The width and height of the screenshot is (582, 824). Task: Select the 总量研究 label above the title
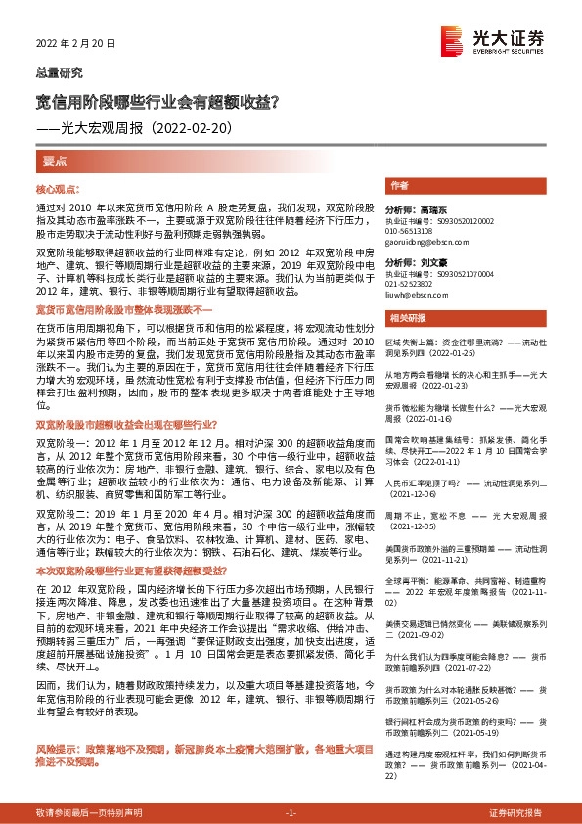point(60,73)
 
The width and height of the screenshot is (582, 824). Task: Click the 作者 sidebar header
point(399,186)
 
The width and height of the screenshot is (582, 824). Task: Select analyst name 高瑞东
point(430,210)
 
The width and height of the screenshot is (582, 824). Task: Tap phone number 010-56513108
point(411,230)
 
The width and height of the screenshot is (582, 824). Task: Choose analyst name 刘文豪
point(430,263)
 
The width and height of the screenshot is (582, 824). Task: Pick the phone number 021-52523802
point(411,283)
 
